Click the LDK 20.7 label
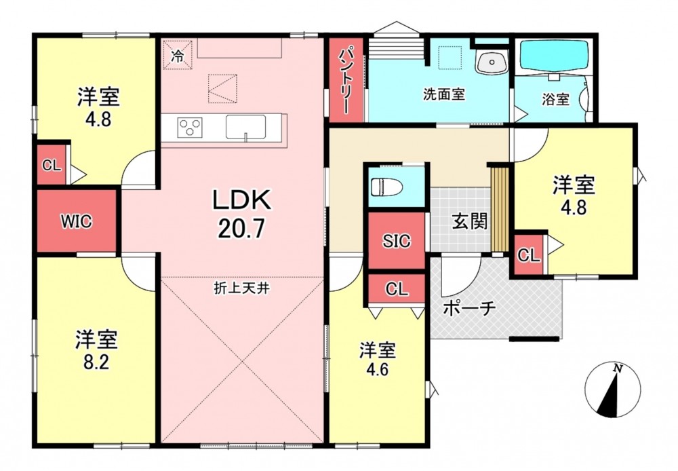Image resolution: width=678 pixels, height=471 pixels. point(241,213)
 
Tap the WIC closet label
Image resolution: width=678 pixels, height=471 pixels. point(76,222)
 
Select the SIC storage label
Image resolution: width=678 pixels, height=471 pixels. point(396,241)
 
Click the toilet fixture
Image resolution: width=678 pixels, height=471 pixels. point(386,187)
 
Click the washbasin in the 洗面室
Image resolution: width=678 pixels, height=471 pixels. point(492,62)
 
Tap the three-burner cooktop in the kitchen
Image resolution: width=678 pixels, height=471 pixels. point(190,128)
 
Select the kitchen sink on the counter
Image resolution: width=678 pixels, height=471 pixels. point(245,128)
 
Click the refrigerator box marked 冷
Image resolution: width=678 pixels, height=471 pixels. point(177,54)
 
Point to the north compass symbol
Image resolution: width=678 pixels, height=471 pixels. point(613,390)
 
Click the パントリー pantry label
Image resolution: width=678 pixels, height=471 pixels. point(346,81)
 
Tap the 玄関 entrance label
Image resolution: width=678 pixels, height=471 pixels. point(470,221)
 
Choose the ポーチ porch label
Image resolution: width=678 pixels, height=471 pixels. point(469,308)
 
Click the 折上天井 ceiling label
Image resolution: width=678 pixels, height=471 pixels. point(242,288)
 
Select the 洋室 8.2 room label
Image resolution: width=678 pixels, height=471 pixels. point(96,350)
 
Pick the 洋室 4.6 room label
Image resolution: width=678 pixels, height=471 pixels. point(378,359)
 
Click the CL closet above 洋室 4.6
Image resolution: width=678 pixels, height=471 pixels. point(397,288)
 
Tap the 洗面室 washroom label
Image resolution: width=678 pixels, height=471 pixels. point(444,94)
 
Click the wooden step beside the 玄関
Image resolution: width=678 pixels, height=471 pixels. point(500,209)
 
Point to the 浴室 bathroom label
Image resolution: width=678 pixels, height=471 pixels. point(556,100)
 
